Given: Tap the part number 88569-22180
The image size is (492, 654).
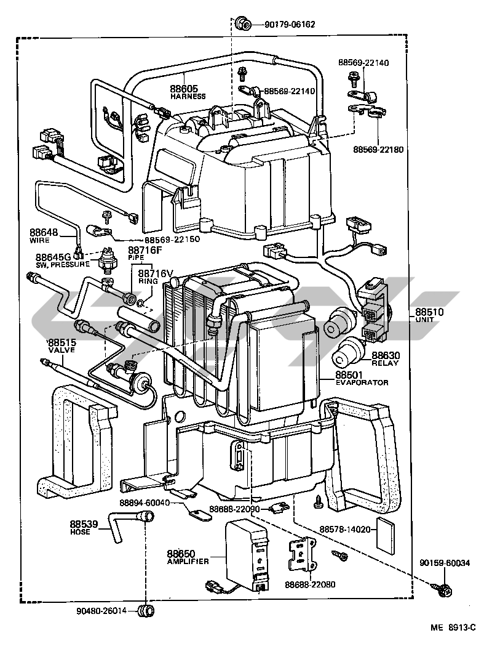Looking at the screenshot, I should tap(378, 149).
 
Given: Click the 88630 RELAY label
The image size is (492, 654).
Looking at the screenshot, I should tap(385, 358).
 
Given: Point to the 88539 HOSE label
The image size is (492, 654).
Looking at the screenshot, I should tap(84, 527).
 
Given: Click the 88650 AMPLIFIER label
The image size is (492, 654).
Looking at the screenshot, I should tap(187, 557).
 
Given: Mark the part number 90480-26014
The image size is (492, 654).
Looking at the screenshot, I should tap(101, 611).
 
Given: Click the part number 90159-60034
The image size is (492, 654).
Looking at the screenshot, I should tap(445, 563).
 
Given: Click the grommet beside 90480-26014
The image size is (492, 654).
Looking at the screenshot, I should tap(146, 611).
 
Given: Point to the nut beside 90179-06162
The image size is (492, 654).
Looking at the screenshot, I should tap(243, 25).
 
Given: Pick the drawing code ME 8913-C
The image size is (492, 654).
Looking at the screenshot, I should tap(454, 628).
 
